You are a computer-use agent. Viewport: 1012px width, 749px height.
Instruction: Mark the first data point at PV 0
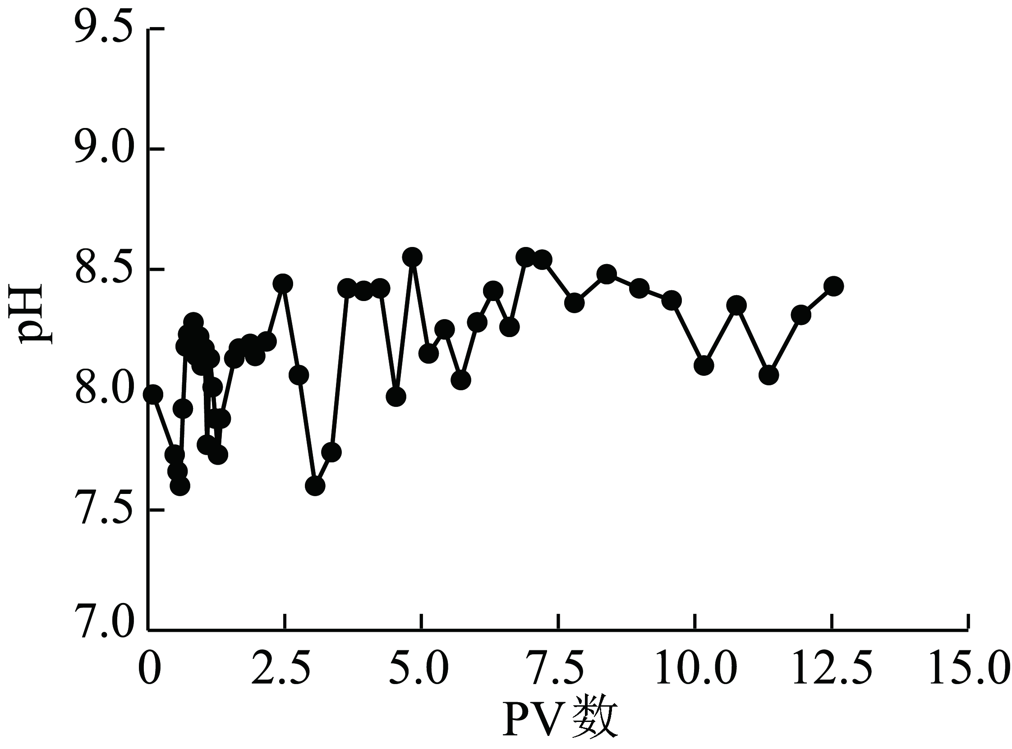(x=153, y=394)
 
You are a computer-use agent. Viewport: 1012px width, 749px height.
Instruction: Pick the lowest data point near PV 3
(x=315, y=486)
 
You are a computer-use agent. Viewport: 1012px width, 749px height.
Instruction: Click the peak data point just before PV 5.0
(x=412, y=257)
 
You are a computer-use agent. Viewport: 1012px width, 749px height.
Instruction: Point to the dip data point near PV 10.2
(x=704, y=365)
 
